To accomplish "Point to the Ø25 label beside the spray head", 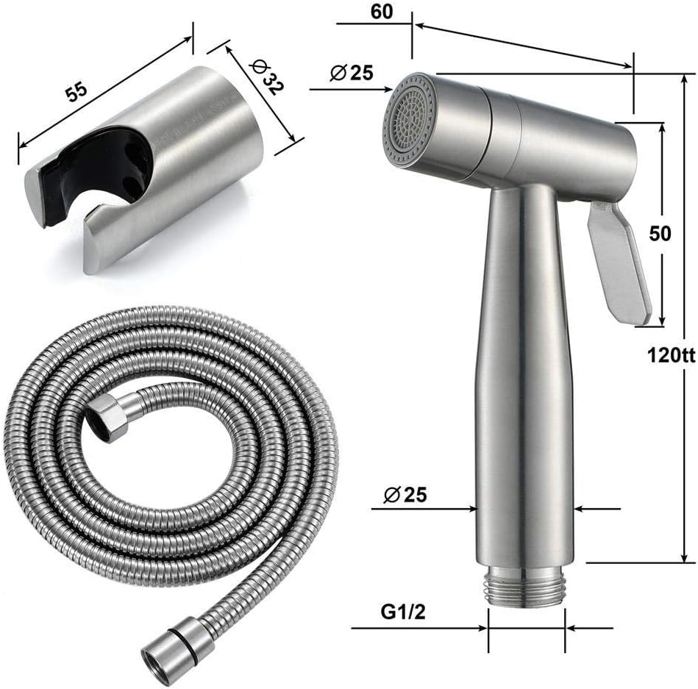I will (x=352, y=72).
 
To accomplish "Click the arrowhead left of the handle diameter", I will (x=471, y=507).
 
